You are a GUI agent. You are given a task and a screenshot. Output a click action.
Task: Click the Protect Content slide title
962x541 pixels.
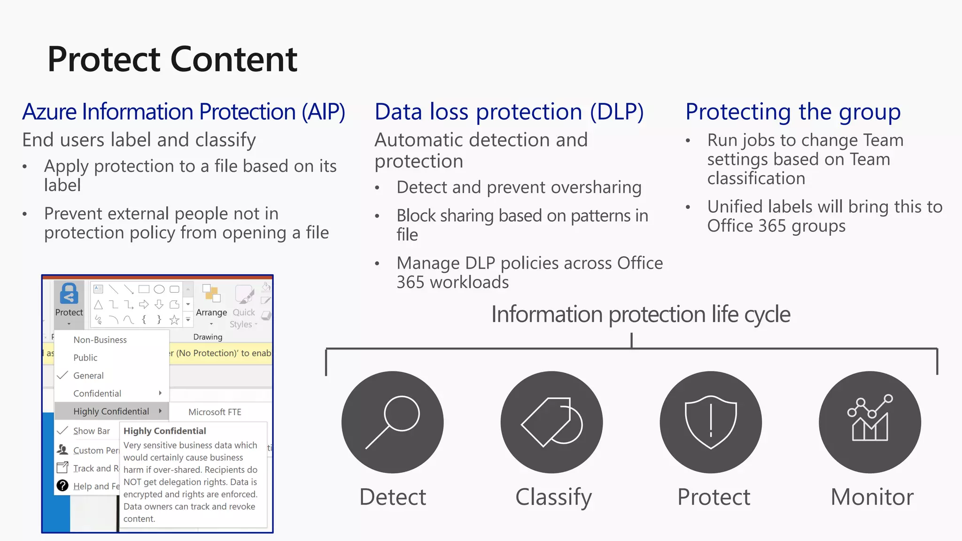[172, 60]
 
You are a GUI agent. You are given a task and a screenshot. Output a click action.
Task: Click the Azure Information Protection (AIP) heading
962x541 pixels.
[184, 112]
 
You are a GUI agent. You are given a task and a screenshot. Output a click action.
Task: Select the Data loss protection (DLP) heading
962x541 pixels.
[509, 112]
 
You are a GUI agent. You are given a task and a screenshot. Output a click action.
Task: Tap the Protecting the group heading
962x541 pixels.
[792, 112]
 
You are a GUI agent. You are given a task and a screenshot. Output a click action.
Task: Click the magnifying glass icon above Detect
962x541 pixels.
[393, 422]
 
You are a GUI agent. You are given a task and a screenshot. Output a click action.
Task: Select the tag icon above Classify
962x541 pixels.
[551, 422]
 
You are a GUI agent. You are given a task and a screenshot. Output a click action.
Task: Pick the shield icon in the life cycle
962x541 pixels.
[711, 422]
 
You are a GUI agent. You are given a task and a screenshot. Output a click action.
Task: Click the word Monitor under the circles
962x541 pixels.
[872, 497]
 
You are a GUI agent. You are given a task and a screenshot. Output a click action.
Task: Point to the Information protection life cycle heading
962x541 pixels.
[640, 314]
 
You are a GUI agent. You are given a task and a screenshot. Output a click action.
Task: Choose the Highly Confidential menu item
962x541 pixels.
[111, 411]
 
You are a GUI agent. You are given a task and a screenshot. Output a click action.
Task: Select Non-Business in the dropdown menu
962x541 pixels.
[100, 340]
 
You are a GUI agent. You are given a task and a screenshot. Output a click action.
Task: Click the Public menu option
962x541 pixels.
[85, 358]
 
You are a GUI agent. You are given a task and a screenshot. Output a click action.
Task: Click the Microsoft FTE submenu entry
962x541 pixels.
[215, 412]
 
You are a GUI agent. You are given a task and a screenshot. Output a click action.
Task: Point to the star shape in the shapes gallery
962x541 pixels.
[174, 320]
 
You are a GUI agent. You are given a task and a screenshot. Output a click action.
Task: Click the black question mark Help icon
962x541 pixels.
[62, 486]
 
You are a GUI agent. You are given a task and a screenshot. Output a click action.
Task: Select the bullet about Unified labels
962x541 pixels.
[824, 216]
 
